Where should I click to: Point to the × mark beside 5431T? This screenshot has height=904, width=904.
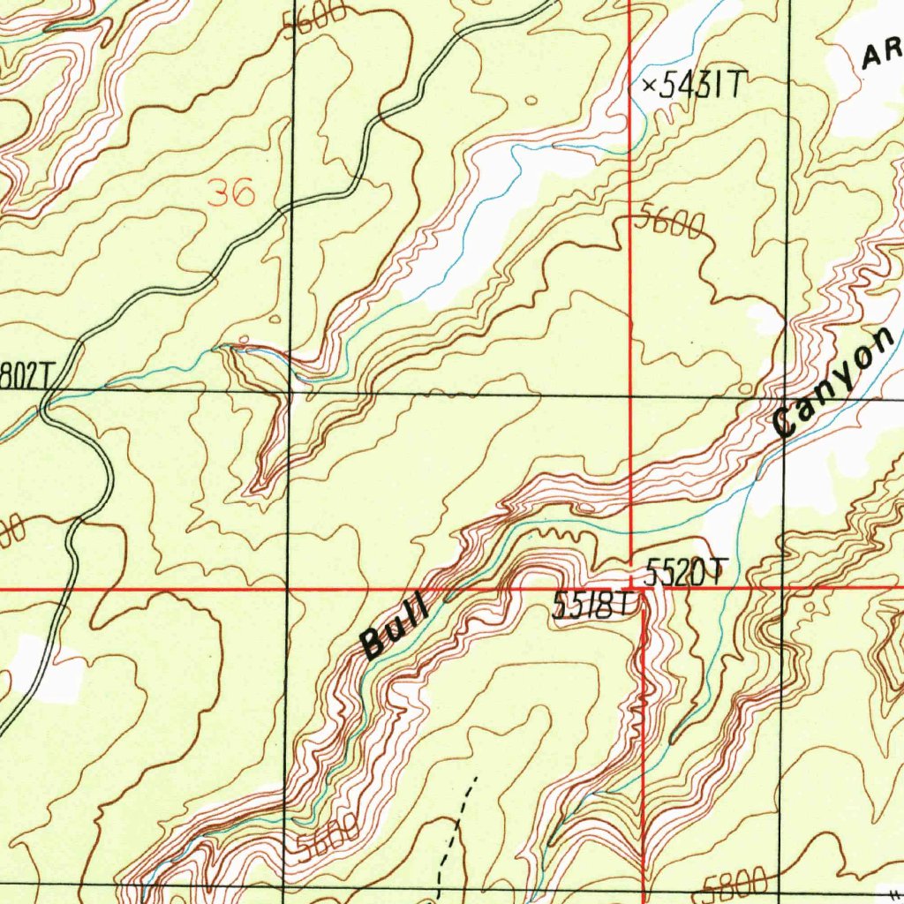pyautogui.click(x=650, y=86)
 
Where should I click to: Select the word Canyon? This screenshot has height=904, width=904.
pyautogui.click(x=834, y=381)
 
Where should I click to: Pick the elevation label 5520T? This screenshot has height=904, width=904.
pyautogui.click(x=685, y=573)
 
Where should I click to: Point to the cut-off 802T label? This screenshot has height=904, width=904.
pyautogui.click(x=23, y=376)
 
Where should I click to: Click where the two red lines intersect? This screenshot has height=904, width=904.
pyautogui.click(x=630, y=586)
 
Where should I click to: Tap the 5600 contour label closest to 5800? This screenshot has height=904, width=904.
pyautogui.click(x=328, y=837)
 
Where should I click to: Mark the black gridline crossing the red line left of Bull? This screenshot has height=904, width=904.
pyautogui.click(x=288, y=587)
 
